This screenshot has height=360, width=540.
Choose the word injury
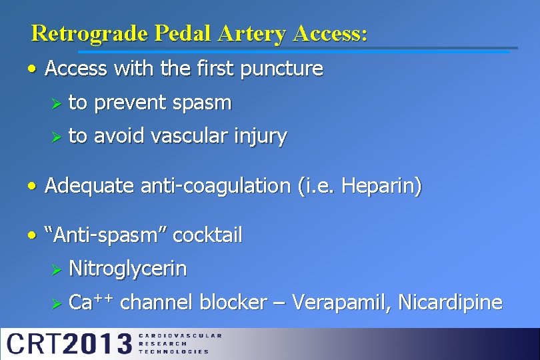[261, 137]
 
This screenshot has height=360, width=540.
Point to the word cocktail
[207, 235]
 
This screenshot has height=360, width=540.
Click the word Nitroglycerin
[128, 269]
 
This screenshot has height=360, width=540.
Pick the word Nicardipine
[450, 303]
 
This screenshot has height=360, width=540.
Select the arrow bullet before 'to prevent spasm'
[57, 103]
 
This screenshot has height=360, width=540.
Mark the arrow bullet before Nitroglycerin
[57, 269]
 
